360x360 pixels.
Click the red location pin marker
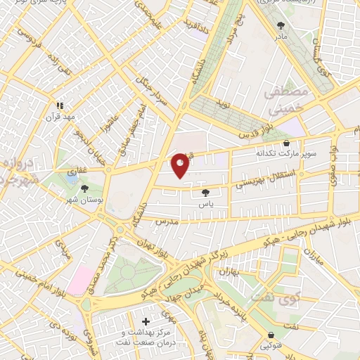tap(181, 165)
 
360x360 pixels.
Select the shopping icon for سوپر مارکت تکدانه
tap(285, 142)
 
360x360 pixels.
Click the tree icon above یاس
tap(205, 193)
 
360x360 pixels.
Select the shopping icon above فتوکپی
tap(272, 335)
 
